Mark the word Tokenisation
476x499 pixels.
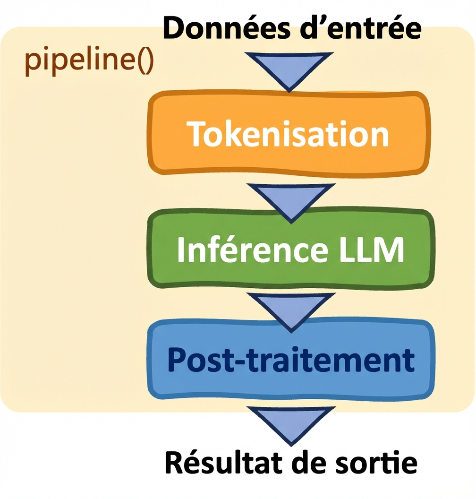tap(289, 134)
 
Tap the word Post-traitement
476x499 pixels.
tap(291, 360)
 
